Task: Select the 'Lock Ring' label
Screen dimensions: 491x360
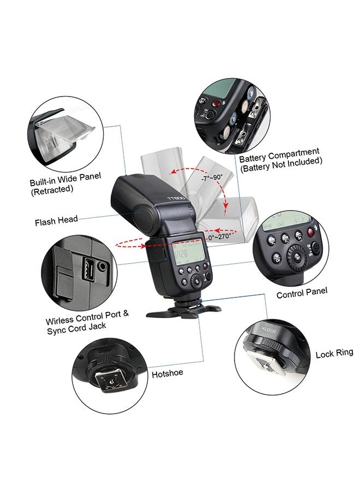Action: coord(334,354)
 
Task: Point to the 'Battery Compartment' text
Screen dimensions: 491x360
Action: coord(279,152)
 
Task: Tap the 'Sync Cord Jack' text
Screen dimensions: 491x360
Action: coord(76,326)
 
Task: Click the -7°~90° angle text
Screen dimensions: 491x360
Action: coord(211,178)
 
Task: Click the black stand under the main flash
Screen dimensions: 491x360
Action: coord(183,313)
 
